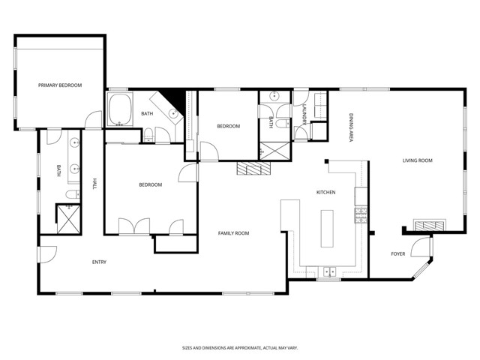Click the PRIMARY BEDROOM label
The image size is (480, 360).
60,85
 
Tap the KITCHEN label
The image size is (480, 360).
325,192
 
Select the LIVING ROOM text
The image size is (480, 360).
417,160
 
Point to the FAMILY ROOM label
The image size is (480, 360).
233,233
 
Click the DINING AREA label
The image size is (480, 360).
351,127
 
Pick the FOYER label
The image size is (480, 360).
398,253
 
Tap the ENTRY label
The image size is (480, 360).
99,262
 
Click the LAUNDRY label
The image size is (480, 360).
304,115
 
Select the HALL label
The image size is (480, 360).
94,184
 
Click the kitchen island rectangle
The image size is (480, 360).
327,228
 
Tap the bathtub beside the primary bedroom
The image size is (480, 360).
120,109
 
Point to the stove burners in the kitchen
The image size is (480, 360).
361,215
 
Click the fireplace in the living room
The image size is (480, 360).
430,225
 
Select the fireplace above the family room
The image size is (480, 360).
253,168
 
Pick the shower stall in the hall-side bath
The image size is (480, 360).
68,219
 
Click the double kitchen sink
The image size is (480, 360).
329,271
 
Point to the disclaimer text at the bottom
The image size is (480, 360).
240,348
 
